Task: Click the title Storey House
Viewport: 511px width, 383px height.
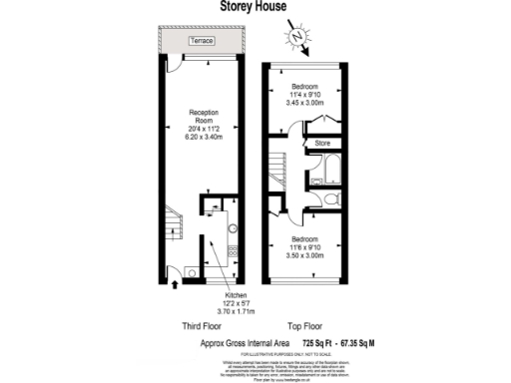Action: (x=255, y=7)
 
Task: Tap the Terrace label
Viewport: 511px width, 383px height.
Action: (x=204, y=41)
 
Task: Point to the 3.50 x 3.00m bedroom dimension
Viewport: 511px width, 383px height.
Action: (x=306, y=256)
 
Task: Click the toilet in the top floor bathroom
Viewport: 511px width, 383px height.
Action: (x=335, y=200)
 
